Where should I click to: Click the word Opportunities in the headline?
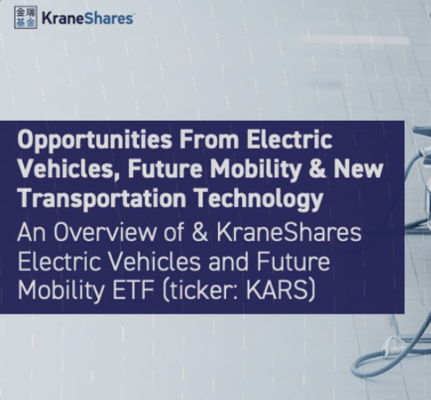pyautogui.click(x=95, y=140)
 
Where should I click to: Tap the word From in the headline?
pyautogui.click(x=209, y=139)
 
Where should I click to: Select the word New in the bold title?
pyautogui.click(x=358, y=168)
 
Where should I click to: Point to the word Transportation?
pyautogui.click(x=101, y=198)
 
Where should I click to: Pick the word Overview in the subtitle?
pyautogui.click(x=105, y=232)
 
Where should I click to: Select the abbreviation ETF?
pyautogui.click(x=133, y=291)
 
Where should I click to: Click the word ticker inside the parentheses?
pyautogui.click(x=203, y=291)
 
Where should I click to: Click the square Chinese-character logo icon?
pyautogui.click(x=26, y=17)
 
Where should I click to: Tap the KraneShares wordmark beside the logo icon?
pyautogui.click(x=87, y=19)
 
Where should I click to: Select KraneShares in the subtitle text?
pyautogui.click(x=289, y=232)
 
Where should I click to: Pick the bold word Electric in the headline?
pyautogui.click(x=289, y=139)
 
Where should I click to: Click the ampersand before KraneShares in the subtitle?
pyautogui.click(x=200, y=232)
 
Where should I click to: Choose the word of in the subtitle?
pyautogui.click(x=173, y=232)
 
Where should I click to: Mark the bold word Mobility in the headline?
pyautogui.click(x=255, y=169)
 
